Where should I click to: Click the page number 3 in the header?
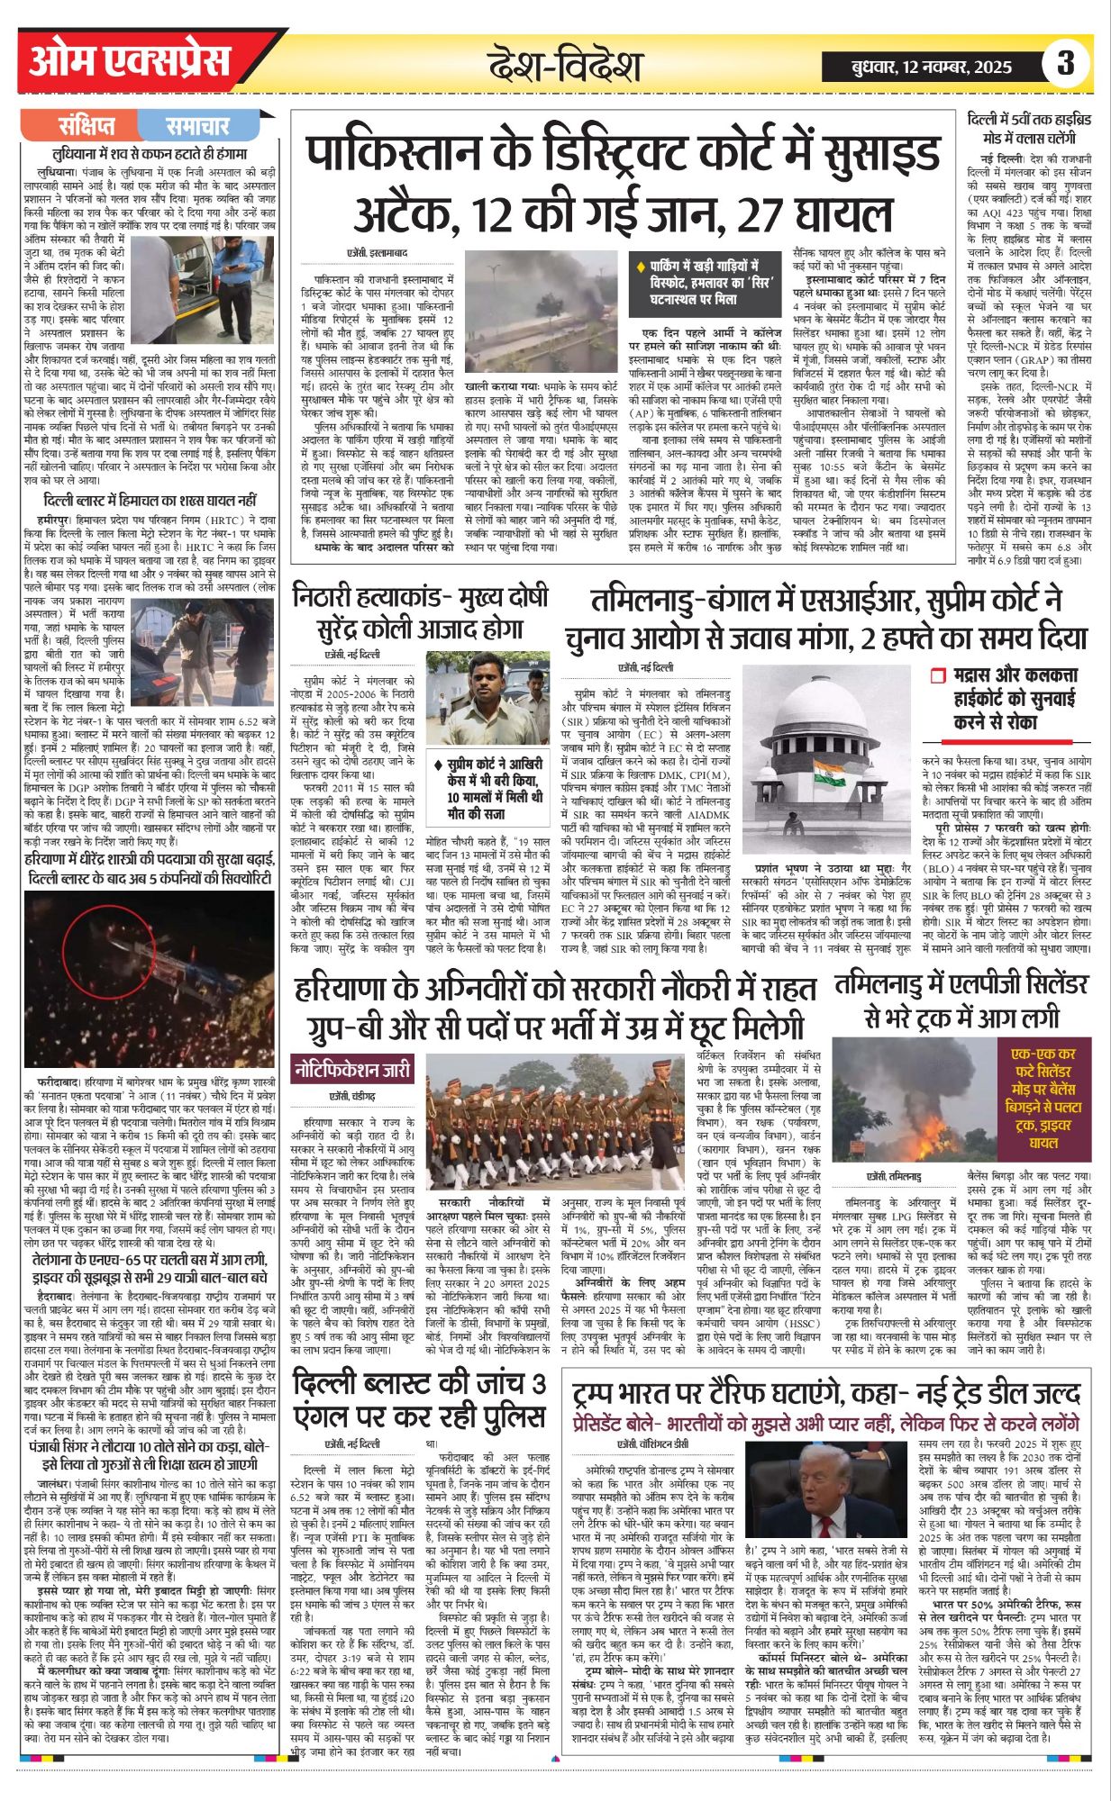(x=1066, y=65)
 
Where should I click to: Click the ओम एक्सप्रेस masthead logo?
(x=131, y=61)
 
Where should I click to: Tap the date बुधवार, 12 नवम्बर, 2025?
(x=932, y=67)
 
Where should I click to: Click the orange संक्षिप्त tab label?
(x=87, y=125)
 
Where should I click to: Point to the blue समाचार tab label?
(x=197, y=125)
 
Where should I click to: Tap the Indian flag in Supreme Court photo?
(x=828, y=773)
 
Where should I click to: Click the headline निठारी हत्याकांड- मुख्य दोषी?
(x=420, y=597)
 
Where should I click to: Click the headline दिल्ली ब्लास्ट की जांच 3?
(x=420, y=1385)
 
